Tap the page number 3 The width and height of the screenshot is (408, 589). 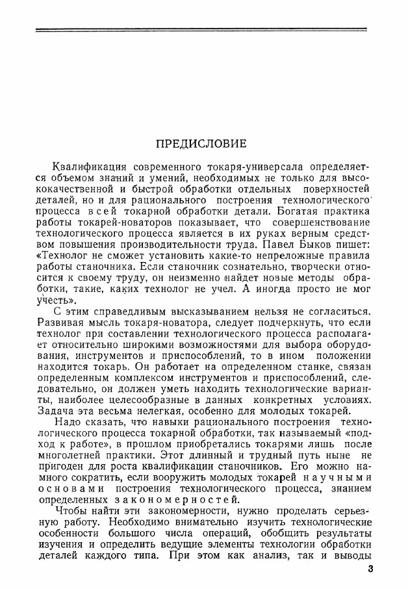pyautogui.click(x=370, y=570)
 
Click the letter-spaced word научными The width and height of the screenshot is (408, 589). pyautogui.click(x=332, y=478)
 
